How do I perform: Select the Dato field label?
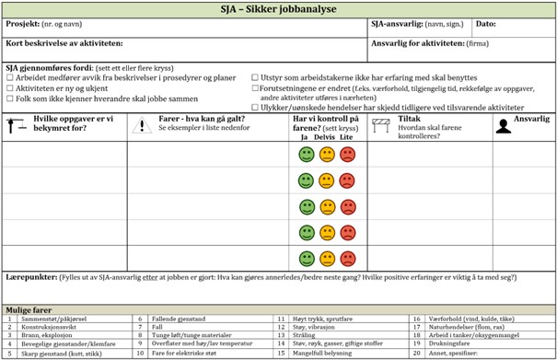(485, 23)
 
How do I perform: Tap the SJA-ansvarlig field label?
(397, 23)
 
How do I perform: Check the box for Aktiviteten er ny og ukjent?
(10, 88)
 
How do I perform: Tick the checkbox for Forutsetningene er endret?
(255, 88)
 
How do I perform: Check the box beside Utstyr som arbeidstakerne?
(255, 78)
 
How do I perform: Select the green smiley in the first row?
(307, 155)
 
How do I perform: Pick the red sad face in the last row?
(347, 258)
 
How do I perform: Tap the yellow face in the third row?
(327, 206)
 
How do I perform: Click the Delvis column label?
(324, 137)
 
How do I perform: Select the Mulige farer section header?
(30, 310)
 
